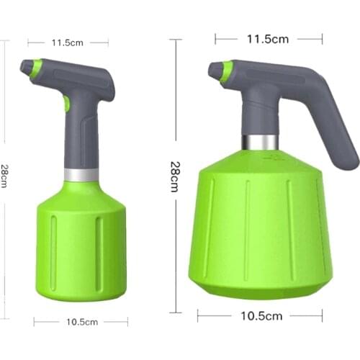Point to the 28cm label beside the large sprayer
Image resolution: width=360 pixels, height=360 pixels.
[x=174, y=176]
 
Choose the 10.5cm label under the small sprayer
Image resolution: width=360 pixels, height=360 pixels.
[x=81, y=322]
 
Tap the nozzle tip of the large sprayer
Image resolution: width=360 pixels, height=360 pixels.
[x=214, y=69]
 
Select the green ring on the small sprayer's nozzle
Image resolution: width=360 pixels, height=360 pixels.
[x=35, y=68]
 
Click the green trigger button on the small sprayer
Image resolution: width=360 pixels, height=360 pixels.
[x=66, y=104]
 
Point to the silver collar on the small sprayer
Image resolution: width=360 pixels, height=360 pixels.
[x=80, y=174]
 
